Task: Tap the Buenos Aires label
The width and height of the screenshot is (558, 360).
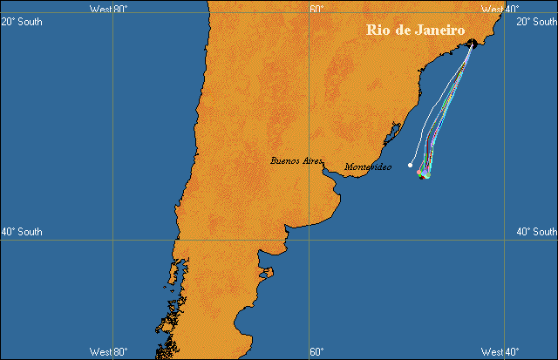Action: pyautogui.click(x=297, y=161)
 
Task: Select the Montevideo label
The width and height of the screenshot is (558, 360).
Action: pyautogui.click(x=368, y=166)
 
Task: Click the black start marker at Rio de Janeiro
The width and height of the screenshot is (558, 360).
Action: pyautogui.click(x=472, y=42)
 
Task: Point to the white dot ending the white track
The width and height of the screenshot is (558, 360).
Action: pyautogui.click(x=411, y=165)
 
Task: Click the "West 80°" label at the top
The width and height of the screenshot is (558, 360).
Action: pyautogui.click(x=109, y=9)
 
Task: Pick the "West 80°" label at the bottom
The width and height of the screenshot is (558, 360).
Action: pyautogui.click(x=109, y=352)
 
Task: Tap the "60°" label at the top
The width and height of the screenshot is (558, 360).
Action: pyautogui.click(x=316, y=9)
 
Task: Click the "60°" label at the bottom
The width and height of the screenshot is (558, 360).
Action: pyautogui.click(x=316, y=352)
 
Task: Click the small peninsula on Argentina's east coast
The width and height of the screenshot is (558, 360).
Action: pyautogui.click(x=267, y=273)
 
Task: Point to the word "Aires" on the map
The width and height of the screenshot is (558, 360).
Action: pyautogui.click(x=310, y=161)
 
